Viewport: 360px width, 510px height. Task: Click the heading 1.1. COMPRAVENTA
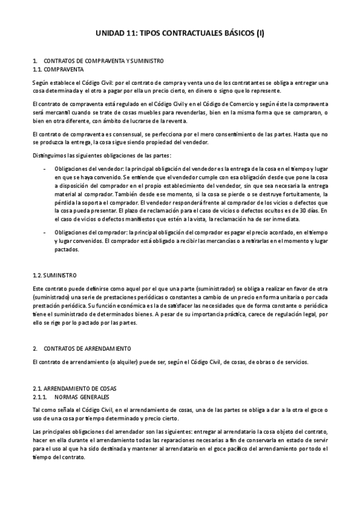coord(58,69)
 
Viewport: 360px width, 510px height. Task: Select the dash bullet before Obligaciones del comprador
coord(46,232)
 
